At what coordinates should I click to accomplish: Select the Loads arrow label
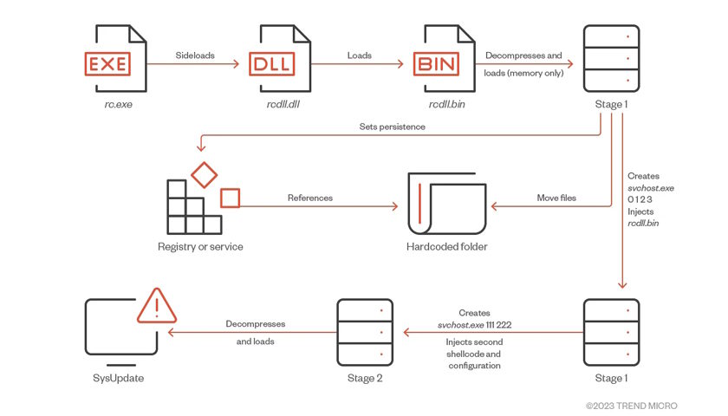(359, 55)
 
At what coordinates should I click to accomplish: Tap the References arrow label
(309, 198)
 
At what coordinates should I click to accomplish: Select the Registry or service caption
(200, 247)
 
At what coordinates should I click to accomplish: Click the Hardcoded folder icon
(445, 203)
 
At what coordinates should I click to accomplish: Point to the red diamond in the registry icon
(204, 173)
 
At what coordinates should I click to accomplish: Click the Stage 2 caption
(364, 378)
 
